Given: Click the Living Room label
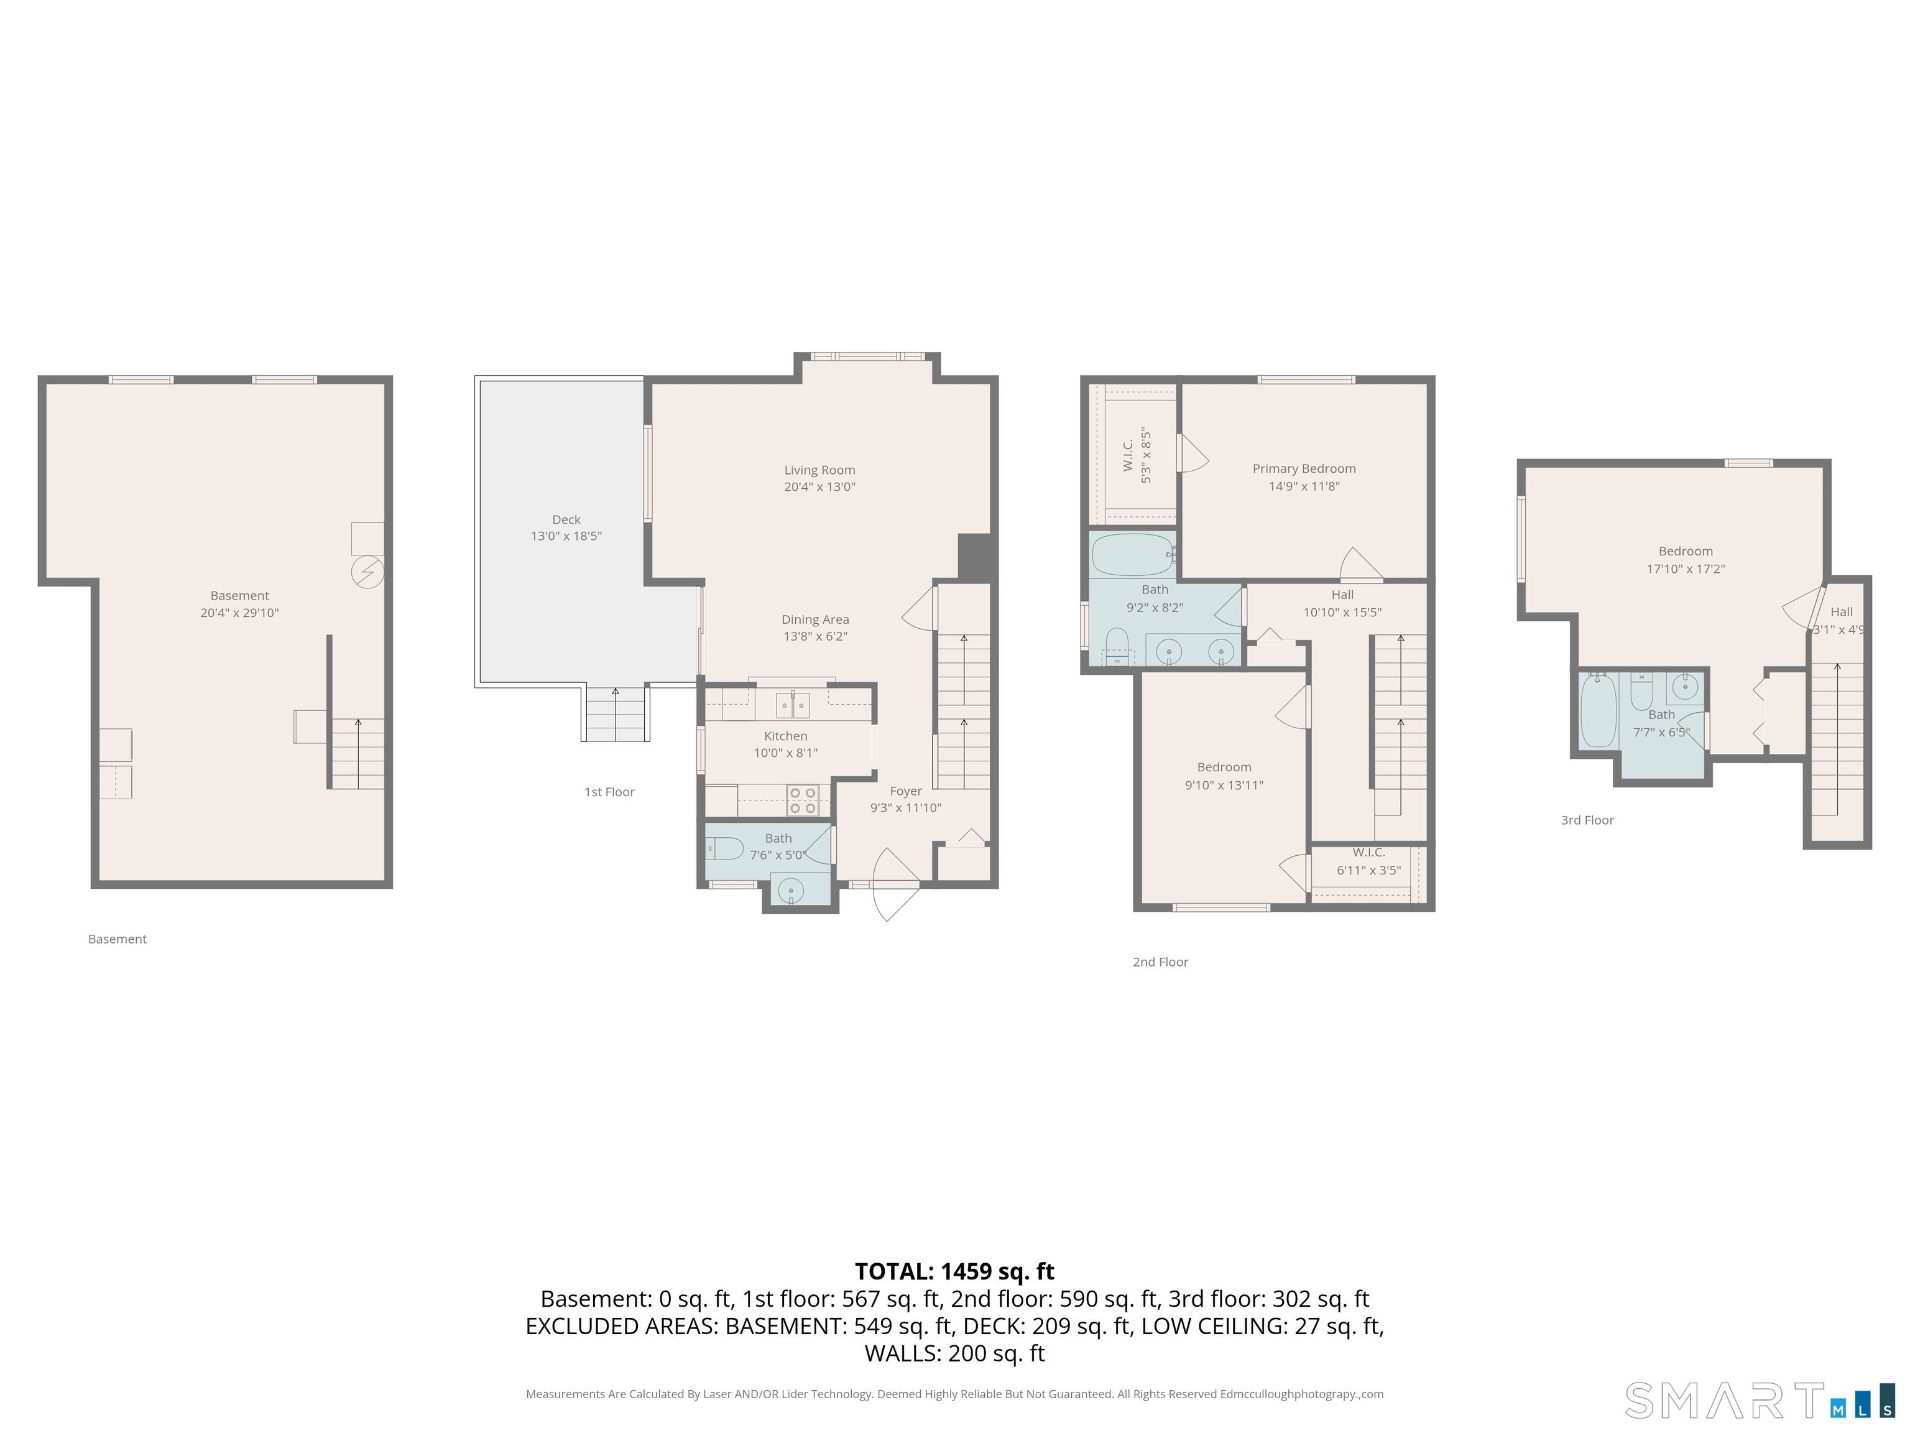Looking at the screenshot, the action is tap(819, 470).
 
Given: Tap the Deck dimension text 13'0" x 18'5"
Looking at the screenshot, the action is tap(566, 536).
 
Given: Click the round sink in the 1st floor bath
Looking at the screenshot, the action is tap(791, 891).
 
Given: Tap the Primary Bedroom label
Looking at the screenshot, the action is tap(1304, 469).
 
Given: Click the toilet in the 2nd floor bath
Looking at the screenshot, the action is tap(1117, 646).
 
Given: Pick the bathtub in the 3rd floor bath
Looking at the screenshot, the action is tap(1599, 711).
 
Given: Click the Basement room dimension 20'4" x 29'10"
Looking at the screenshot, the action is tap(239, 613).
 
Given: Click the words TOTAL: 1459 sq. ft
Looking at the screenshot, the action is tap(954, 1271).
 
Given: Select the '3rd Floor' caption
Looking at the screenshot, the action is tap(1587, 820).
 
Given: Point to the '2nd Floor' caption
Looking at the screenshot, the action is tap(1161, 962).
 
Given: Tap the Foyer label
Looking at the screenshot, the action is tap(906, 791).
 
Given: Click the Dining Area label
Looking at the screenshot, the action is tap(815, 619).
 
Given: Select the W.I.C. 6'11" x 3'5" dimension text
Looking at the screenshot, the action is tap(1368, 871).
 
